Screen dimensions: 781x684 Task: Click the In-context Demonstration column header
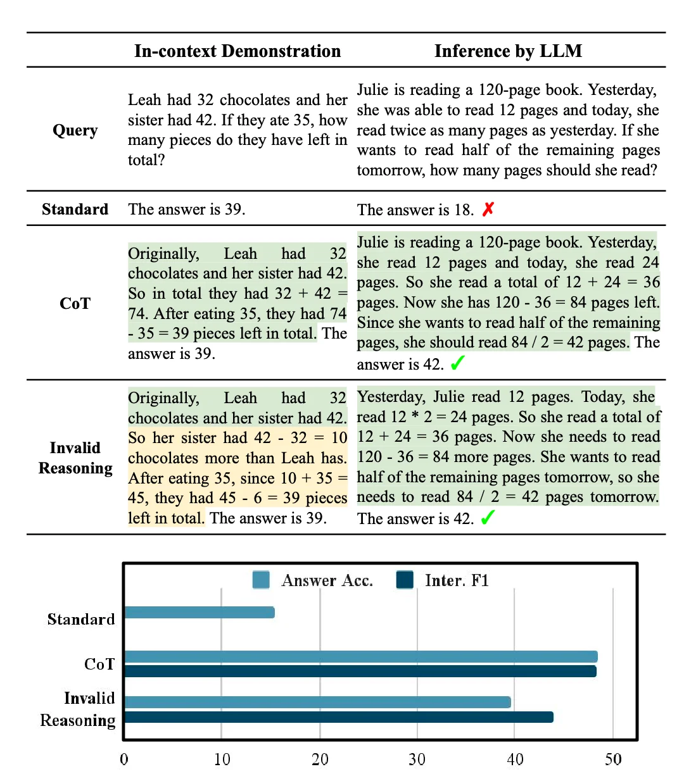(x=237, y=51)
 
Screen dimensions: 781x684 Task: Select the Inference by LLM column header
(x=508, y=51)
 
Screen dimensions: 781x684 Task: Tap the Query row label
(x=75, y=130)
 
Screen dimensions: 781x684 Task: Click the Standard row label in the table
(x=75, y=209)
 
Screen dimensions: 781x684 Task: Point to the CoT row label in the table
(x=75, y=304)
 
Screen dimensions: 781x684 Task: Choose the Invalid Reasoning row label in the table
(x=75, y=458)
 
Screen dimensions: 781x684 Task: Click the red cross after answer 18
(x=488, y=209)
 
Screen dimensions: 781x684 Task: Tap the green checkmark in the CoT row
(x=457, y=363)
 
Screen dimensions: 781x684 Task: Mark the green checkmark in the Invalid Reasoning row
(x=487, y=518)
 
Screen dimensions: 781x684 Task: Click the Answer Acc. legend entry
(x=312, y=580)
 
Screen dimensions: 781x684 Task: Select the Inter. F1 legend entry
(x=443, y=580)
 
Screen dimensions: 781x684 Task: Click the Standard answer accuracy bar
(x=199, y=612)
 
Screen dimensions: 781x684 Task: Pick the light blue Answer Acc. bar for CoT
(x=361, y=657)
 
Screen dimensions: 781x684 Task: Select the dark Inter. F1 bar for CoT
(x=360, y=671)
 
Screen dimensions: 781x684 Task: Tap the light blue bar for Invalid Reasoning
(x=317, y=702)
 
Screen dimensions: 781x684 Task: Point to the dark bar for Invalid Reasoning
(x=339, y=717)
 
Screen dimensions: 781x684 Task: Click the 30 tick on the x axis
(x=417, y=759)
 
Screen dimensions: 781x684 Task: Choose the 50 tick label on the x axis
(x=613, y=759)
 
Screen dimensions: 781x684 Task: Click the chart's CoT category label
(x=99, y=664)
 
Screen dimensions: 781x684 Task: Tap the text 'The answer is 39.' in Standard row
(x=186, y=209)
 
